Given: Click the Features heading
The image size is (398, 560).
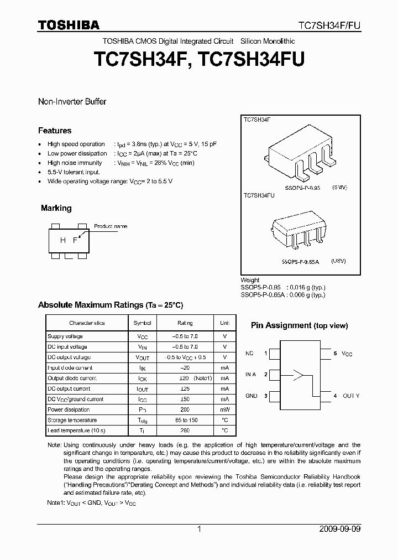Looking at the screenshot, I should (55, 131).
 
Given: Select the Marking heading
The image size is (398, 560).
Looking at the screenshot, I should (56, 208).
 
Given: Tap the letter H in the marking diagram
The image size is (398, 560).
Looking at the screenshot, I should (62, 240).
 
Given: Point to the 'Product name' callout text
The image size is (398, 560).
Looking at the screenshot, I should (110, 226).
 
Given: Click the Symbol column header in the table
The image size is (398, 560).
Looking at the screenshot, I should (142, 323).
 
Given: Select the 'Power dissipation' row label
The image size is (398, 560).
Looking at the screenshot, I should (69, 409).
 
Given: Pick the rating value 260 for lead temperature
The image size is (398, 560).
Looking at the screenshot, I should (185, 431).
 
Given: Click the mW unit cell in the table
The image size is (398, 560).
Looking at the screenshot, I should (224, 409).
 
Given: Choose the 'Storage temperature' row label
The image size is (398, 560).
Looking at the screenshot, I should (72, 420).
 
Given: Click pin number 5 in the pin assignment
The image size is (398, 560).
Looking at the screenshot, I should (335, 353).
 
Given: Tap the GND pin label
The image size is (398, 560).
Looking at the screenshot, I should (252, 396).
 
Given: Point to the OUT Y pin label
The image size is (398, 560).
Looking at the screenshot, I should (350, 396).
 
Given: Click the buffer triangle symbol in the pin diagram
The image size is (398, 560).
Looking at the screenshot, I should (298, 375).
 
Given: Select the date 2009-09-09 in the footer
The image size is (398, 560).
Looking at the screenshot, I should (340, 529).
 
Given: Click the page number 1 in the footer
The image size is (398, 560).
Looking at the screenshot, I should (199, 529).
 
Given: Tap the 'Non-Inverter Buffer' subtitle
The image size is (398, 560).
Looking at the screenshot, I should (72, 102).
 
